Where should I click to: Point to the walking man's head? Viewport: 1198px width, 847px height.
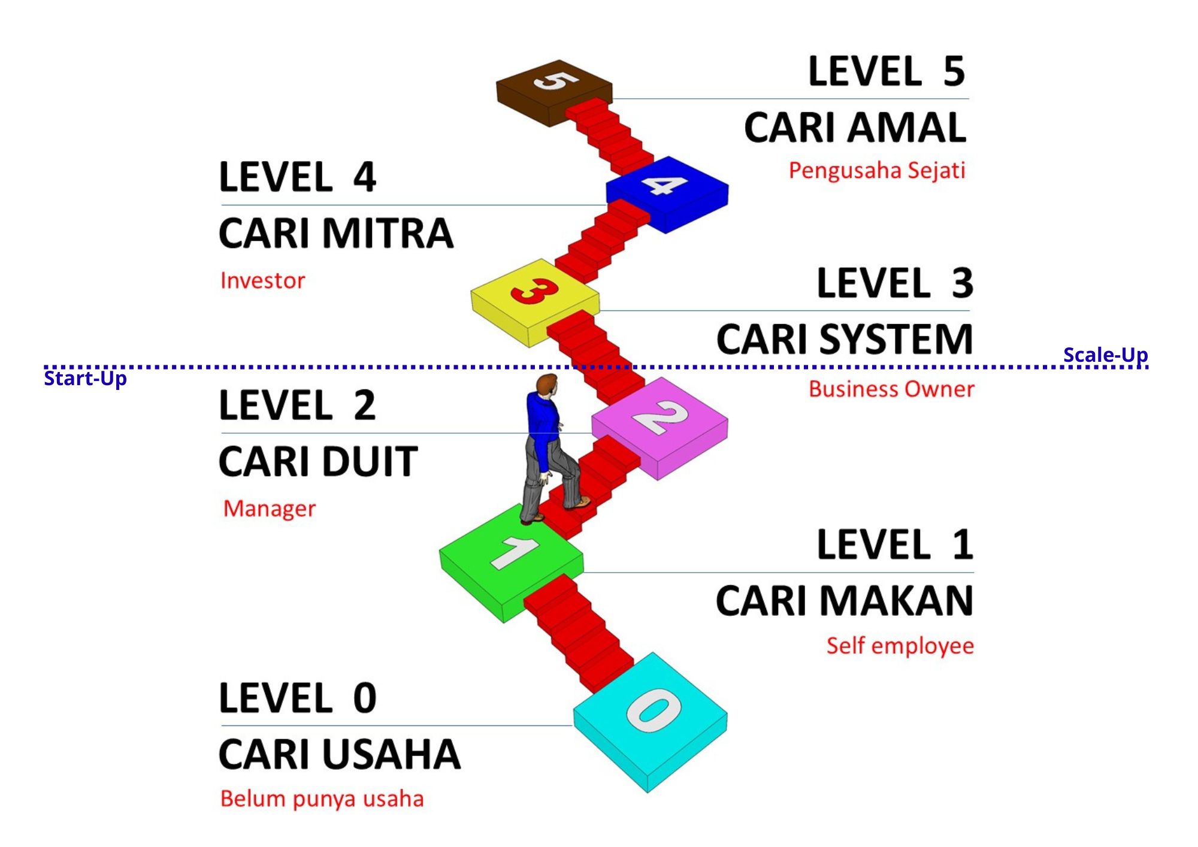(x=546, y=384)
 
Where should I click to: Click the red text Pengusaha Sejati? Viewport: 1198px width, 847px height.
(x=876, y=171)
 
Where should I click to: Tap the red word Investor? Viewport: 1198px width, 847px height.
(x=262, y=280)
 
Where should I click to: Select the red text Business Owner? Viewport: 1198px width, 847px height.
(x=891, y=389)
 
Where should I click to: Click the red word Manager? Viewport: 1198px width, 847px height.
(x=269, y=509)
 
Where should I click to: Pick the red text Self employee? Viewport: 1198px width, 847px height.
(x=900, y=646)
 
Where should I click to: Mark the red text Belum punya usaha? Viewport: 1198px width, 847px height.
(x=322, y=799)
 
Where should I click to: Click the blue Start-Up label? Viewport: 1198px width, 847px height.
(x=85, y=379)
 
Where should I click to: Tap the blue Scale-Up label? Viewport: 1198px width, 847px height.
(x=1105, y=355)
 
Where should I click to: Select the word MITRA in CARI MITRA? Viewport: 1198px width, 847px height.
(x=388, y=233)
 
